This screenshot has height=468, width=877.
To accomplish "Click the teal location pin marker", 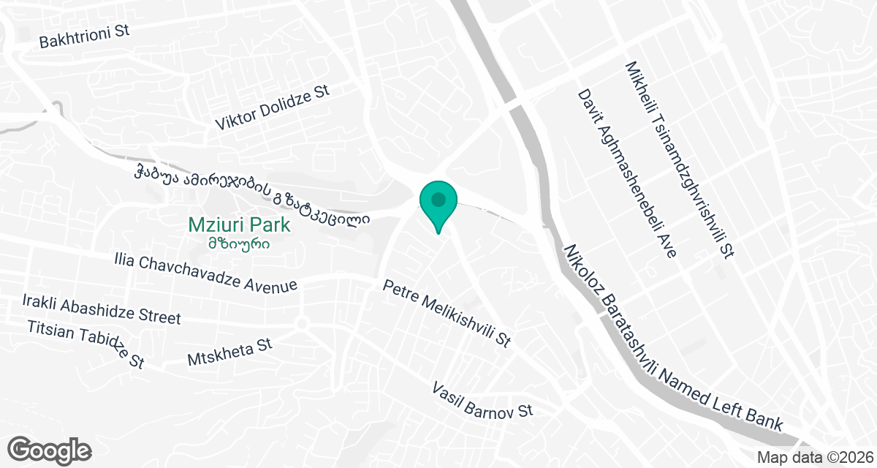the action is pyautogui.click(x=438, y=205).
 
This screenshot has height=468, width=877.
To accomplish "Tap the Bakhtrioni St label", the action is pyautogui.click(x=84, y=37).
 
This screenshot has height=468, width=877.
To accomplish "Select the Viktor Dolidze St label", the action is pyautogui.click(x=273, y=107).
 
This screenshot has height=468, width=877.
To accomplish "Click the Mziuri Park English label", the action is pyautogui.click(x=239, y=224).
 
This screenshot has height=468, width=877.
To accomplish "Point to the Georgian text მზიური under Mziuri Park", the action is pyautogui.click(x=239, y=243).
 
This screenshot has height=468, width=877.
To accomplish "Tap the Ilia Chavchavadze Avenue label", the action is pyautogui.click(x=205, y=272).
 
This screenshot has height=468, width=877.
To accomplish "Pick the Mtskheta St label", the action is pyautogui.click(x=229, y=352).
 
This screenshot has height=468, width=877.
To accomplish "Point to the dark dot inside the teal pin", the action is pyautogui.click(x=438, y=199).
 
